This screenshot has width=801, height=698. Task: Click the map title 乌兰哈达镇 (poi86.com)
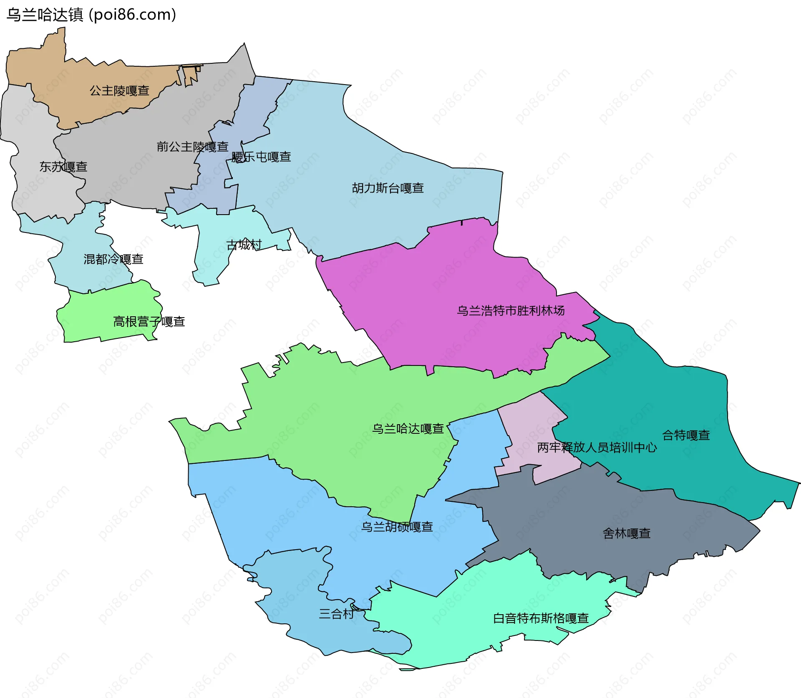pyautogui.click(x=91, y=15)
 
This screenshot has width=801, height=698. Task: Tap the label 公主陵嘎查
pyautogui.click(x=119, y=90)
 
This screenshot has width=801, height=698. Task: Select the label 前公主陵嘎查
pyautogui.click(x=192, y=147)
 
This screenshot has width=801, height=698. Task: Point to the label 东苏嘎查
pyautogui.click(x=63, y=167)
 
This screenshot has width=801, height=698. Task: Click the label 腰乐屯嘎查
pyautogui.click(x=261, y=157)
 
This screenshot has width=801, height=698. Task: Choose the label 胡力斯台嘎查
pyautogui.click(x=388, y=188)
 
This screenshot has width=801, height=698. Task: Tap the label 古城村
pyautogui.click(x=244, y=245)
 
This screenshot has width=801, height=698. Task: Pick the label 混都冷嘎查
pyautogui.click(x=113, y=259)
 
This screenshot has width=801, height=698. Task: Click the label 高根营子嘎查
pyautogui.click(x=149, y=322)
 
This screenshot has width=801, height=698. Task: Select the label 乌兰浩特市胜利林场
pyautogui.click(x=511, y=310)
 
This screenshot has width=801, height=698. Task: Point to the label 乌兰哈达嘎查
pyautogui.click(x=408, y=428)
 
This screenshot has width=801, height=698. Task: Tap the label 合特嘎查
pyautogui.click(x=686, y=435)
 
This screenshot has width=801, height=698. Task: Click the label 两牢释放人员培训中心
pyautogui.click(x=597, y=448)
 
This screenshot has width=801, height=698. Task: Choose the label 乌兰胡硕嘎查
pyautogui.click(x=397, y=527)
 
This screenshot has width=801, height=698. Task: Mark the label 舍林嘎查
pyautogui.click(x=627, y=533)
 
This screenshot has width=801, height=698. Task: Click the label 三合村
pyautogui.click(x=336, y=613)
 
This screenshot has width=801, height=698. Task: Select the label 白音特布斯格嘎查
pyautogui.click(x=541, y=618)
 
